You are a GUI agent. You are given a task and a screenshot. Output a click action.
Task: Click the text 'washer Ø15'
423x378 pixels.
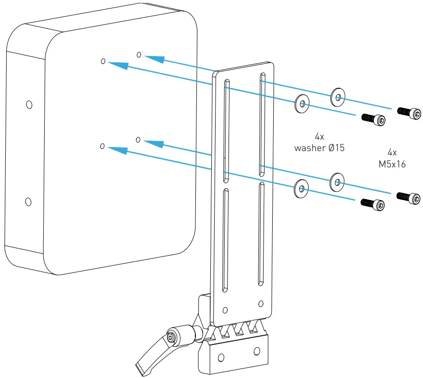[x=319, y=148]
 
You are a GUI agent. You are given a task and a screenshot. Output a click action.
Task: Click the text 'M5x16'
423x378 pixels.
[x=392, y=164]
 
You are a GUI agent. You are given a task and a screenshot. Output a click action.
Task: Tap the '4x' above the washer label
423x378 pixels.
[x=320, y=137]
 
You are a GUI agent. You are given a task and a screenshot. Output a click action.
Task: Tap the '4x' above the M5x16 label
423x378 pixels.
[x=392, y=153]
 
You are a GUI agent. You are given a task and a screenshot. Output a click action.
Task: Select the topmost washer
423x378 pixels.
[x=338, y=97]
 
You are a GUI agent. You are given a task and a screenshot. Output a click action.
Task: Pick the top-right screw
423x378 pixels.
[x=410, y=113]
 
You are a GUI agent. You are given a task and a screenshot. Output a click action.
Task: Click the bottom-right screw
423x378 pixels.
[x=410, y=197]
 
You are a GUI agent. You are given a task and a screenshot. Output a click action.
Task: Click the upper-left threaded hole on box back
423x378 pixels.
[x=103, y=61]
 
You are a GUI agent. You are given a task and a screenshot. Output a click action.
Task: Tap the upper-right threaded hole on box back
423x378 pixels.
[x=139, y=55]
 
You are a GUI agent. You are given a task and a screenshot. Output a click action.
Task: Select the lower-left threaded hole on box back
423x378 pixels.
[x=102, y=145]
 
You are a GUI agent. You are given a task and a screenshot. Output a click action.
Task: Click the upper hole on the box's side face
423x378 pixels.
[x=29, y=104]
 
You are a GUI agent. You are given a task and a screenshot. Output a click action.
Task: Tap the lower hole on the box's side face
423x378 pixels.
[x=28, y=202]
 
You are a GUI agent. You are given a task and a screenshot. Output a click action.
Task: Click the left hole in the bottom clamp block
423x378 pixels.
[x=221, y=357]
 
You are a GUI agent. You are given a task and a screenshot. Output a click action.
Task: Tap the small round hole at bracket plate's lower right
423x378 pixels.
[x=261, y=303]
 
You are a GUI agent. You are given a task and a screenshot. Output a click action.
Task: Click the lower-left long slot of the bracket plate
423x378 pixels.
[x=225, y=240]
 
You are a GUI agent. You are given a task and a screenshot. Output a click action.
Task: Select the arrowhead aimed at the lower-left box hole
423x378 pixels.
[x=117, y=150]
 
